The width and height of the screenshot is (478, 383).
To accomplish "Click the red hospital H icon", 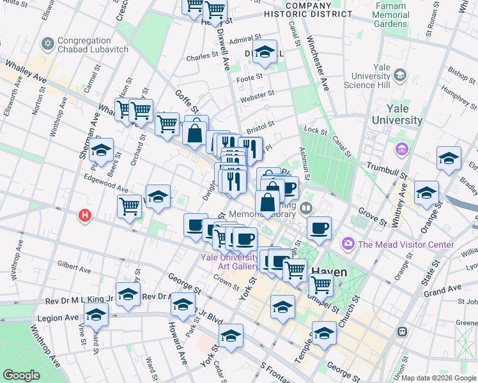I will [84, 216].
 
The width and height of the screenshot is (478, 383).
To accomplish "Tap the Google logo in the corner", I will [22, 375].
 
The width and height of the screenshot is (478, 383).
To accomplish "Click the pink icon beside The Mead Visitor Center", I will [348, 244].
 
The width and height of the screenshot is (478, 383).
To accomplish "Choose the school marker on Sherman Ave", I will [101, 151].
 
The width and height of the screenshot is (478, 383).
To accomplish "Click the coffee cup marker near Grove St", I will [319, 227].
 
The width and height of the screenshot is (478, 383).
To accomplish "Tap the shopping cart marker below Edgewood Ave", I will [129, 206].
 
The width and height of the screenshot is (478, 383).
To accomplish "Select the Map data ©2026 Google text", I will [438, 378].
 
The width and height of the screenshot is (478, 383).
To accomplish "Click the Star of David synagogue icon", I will [47, 43].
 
